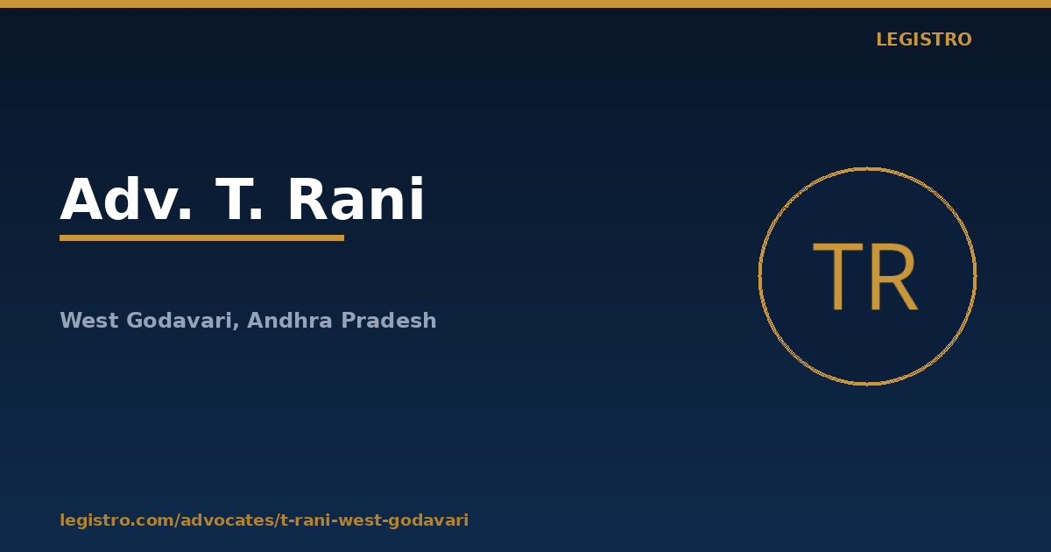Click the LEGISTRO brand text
click(x=924, y=39)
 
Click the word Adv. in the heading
click(x=126, y=199)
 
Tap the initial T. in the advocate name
click(x=238, y=199)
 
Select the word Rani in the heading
click(x=356, y=198)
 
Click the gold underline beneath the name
click(x=201, y=238)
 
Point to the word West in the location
click(x=89, y=321)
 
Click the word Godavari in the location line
click(x=179, y=321)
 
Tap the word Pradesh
click(x=389, y=321)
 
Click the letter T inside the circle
click(x=838, y=277)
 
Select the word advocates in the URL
click(x=227, y=520)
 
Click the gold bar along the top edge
click(x=525, y=4)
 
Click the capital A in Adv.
click(x=81, y=199)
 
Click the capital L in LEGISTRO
click(x=882, y=39)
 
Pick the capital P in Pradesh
click(x=349, y=321)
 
